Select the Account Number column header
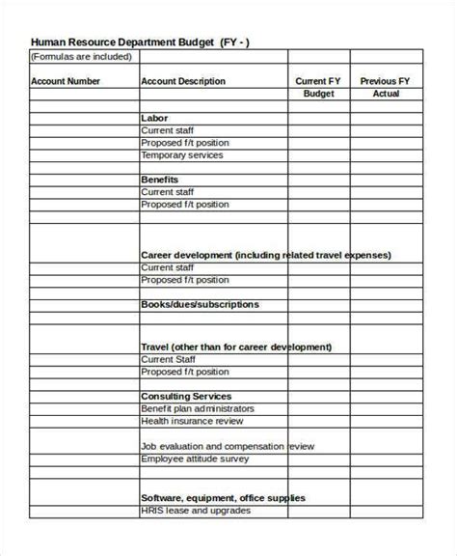[66, 82]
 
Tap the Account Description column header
[183, 82]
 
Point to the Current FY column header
[318, 82]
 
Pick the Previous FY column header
[386, 82]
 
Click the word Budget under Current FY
[318, 95]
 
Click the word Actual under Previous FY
[386, 95]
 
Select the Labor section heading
[154, 117]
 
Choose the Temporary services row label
[182, 154]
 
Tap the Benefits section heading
[159, 180]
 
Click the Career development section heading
[266, 255]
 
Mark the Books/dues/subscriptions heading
[200, 304]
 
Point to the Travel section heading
[236, 347]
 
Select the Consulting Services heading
[186, 396]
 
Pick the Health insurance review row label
[192, 421]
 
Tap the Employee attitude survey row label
[195, 459]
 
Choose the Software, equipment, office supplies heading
[224, 498]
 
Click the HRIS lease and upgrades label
[196, 511]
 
